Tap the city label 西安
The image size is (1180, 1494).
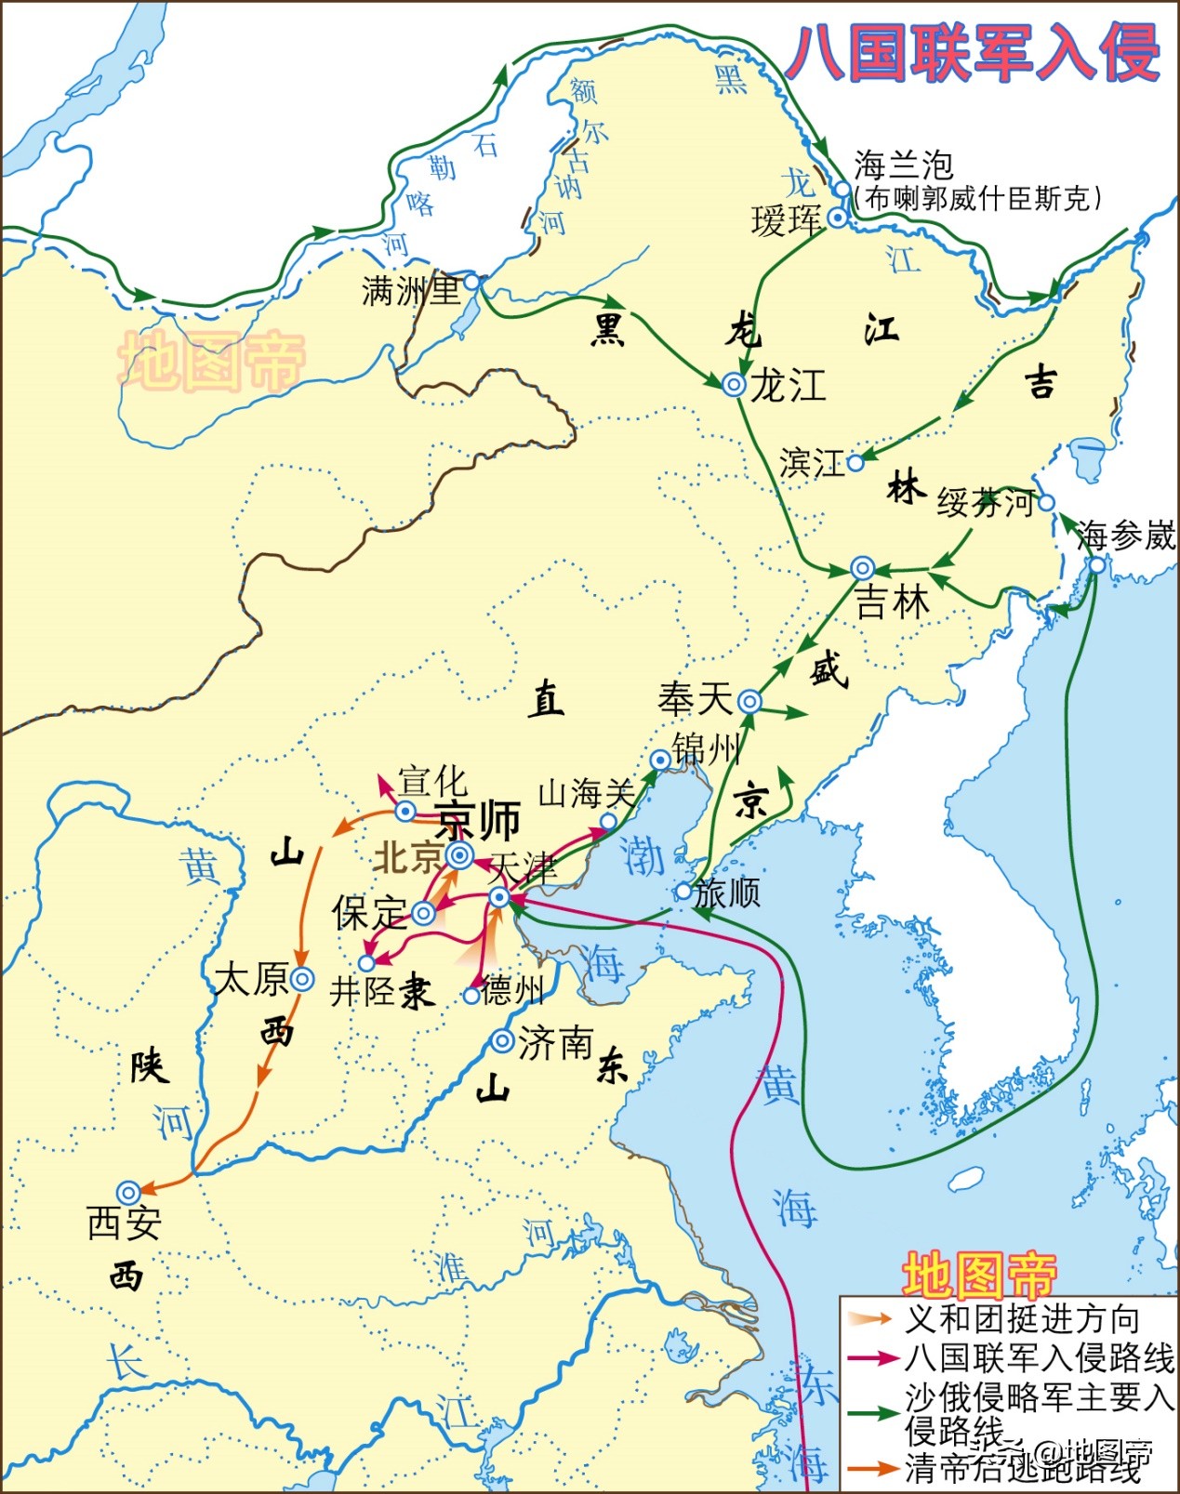[124, 1223]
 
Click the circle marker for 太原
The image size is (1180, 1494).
[301, 979]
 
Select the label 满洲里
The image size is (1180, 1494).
[411, 291]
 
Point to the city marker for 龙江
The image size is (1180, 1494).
[734, 384]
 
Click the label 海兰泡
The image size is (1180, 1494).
[904, 165]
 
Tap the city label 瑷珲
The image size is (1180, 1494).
[787, 221]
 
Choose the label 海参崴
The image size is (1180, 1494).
[1125, 535]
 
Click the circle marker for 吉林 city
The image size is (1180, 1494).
[863, 568]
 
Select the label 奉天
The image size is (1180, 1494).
[695, 699]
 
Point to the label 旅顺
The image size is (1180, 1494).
[727, 892]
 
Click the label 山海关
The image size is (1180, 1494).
[586, 793]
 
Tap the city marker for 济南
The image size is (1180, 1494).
[502, 1040]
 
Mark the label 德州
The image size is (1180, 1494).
[512, 990]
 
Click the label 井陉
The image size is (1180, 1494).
[362, 992]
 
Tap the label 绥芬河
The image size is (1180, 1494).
[984, 503]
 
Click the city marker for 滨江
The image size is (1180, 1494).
[855, 462]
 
